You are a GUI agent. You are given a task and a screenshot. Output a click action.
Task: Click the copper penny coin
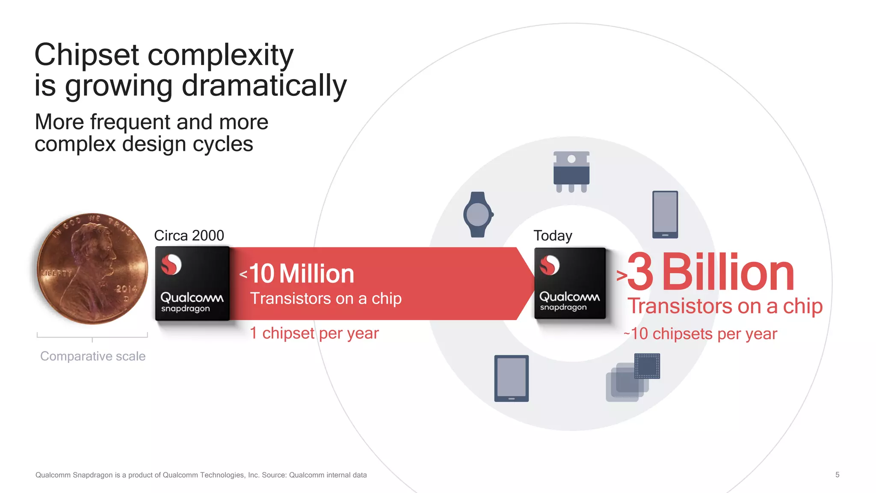pyautogui.click(x=92, y=268)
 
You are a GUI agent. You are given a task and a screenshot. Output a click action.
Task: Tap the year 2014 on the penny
pyautogui.click(x=127, y=289)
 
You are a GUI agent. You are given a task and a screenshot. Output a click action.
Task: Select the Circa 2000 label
pyautogui.click(x=189, y=235)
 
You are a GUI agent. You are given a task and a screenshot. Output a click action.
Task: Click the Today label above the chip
pyautogui.click(x=553, y=235)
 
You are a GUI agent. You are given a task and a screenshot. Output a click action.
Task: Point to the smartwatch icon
pyautogui.click(x=478, y=214)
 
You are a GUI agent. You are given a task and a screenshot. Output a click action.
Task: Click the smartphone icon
pyautogui.click(x=665, y=214)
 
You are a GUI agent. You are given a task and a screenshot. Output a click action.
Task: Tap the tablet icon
pyautogui.click(x=511, y=378)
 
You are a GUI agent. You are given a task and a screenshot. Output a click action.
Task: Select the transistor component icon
pyautogui.click(x=571, y=171)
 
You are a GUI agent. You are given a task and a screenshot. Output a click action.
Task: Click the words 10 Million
pyautogui.click(x=302, y=274)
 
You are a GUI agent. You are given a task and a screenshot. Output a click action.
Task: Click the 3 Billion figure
pyautogui.click(x=710, y=272)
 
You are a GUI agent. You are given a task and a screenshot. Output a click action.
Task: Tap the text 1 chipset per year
pyautogui.click(x=314, y=333)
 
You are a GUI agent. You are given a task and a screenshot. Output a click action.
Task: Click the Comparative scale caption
pyautogui.click(x=93, y=356)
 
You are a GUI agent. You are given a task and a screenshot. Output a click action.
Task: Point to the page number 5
pyautogui.click(x=837, y=475)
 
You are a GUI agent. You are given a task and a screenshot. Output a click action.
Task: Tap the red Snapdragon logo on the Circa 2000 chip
pyautogui.click(x=171, y=264)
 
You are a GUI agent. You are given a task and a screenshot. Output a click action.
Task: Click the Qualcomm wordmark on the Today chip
pyautogui.click(x=569, y=297)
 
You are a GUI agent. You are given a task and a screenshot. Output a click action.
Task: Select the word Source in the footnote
pyautogui.click(x=273, y=475)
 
